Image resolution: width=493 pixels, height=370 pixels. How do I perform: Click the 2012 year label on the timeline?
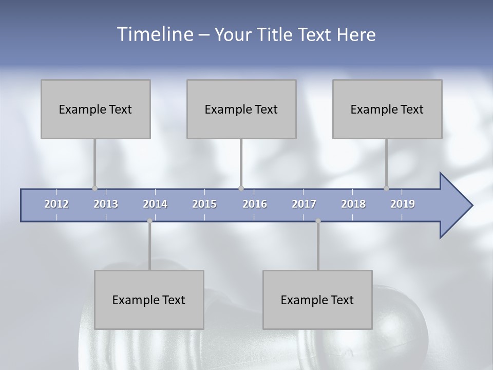[56, 205]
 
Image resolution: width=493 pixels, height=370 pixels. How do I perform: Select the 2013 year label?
[106, 205]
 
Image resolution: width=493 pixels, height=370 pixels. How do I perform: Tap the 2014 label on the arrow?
[155, 205]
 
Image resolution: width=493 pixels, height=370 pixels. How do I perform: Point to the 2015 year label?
[204, 205]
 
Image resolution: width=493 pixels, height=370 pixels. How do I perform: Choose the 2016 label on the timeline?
[255, 205]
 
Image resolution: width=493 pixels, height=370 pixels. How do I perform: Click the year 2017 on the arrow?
[304, 205]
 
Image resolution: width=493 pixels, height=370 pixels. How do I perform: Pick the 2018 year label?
[353, 205]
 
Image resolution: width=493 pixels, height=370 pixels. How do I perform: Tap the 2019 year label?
[403, 205]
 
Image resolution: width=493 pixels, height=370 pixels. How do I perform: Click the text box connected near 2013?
[96, 109]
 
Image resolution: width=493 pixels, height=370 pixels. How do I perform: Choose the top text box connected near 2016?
[241, 109]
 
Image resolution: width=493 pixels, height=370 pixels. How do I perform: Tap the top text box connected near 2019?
[387, 109]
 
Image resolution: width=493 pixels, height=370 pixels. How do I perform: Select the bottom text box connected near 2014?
[149, 300]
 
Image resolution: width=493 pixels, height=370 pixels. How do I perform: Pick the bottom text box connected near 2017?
[317, 300]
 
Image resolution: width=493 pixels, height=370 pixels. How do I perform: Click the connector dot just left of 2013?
[94, 188]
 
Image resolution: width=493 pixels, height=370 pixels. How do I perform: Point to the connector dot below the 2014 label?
[149, 221]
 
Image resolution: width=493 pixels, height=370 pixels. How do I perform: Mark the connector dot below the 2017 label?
[318, 221]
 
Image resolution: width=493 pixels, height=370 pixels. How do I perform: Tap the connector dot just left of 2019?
[387, 188]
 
